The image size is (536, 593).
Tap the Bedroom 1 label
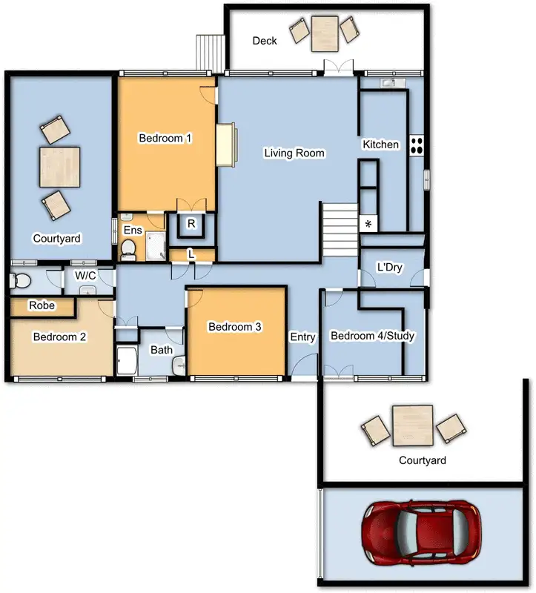click(166, 138)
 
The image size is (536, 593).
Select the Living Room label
click(294, 153)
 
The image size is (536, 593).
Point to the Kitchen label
click(380, 145)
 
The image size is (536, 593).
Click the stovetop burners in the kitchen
click(417, 145)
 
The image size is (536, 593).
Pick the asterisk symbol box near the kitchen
click(368, 223)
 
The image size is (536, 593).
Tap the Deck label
click(265, 41)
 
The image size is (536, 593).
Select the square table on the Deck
click(325, 31)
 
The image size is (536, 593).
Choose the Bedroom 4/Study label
click(372, 336)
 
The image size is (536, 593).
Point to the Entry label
click(302, 337)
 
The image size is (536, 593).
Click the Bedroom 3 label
click(236, 327)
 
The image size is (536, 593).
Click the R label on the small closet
click(191, 222)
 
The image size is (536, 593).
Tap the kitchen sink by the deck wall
click(388, 84)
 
